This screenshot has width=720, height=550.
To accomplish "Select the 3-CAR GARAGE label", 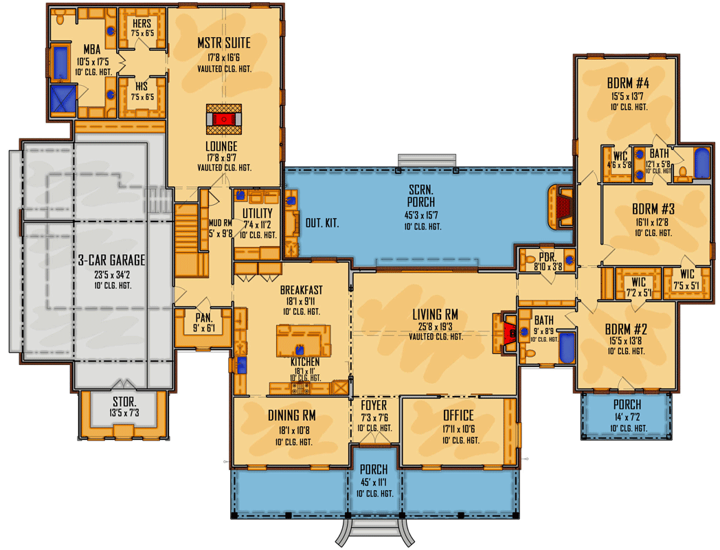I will [111, 260].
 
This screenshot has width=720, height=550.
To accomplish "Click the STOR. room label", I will [124, 401].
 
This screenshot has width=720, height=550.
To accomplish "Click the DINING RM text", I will [291, 415].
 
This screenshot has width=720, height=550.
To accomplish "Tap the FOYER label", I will [374, 405].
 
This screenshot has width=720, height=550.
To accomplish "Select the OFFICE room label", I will [458, 415].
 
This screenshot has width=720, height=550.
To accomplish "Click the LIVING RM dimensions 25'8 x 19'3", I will [435, 327].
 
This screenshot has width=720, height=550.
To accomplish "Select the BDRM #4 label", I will [628, 84].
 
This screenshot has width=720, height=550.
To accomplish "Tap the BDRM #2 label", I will [626, 328].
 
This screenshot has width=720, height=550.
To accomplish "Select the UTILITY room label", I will [258, 214].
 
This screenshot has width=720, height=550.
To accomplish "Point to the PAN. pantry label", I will [203, 318].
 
